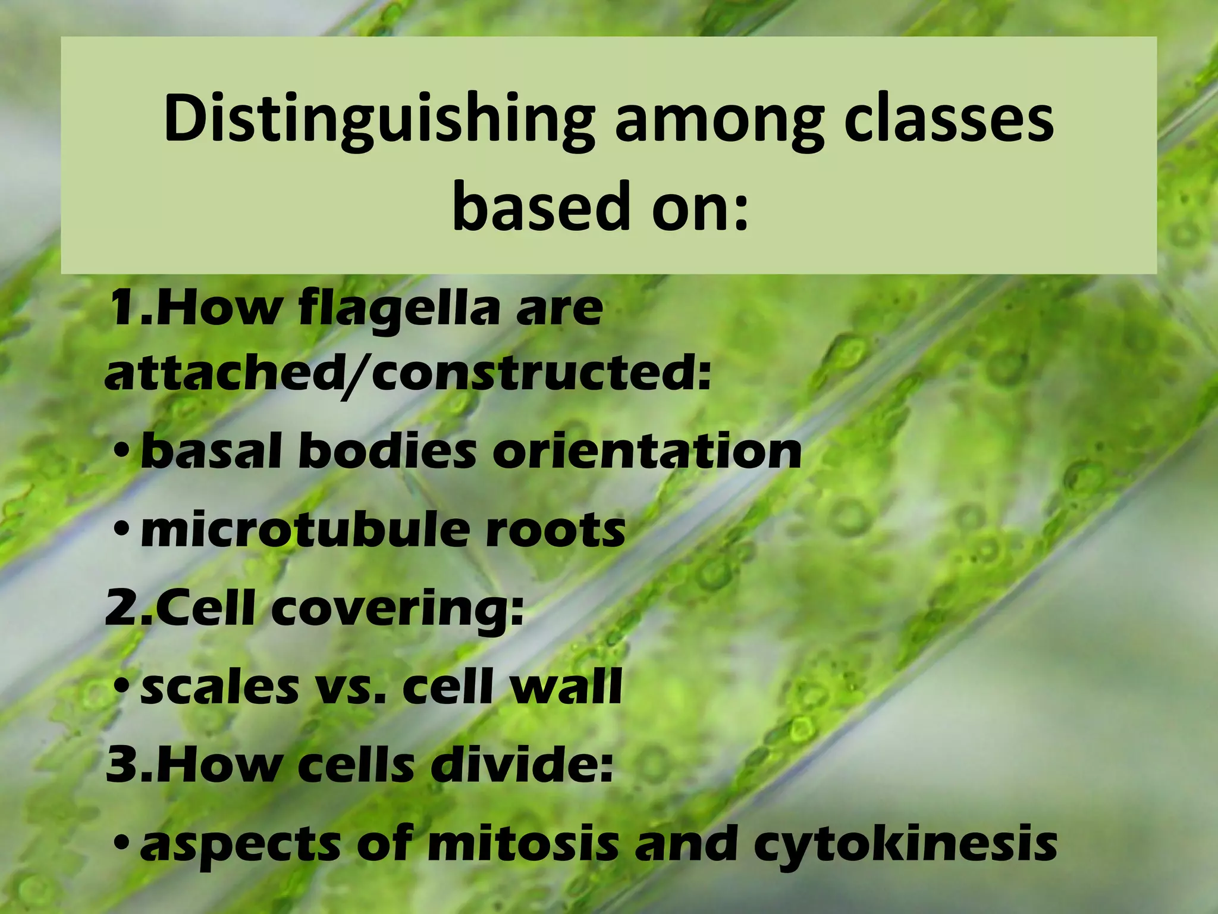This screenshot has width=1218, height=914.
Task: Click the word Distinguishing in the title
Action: tap(379, 119)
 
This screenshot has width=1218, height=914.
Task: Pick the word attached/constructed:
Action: tap(408, 374)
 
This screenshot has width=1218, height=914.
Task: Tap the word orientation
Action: tap(647, 452)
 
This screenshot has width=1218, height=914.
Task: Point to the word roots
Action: tap(555, 529)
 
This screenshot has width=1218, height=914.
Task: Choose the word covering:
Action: tap(398, 610)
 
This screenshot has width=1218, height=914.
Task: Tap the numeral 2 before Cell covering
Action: tap(121, 610)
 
